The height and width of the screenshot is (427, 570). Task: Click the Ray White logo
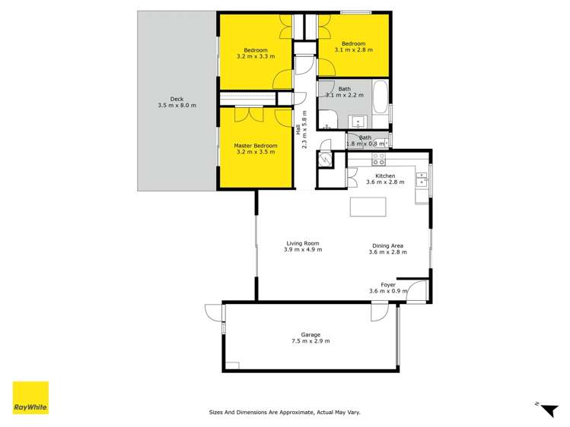30,397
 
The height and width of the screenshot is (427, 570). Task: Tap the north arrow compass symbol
547,409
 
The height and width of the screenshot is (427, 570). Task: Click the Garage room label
310,334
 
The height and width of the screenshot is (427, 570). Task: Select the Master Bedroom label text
255,146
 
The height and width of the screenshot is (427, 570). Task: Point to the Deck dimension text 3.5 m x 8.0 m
177,105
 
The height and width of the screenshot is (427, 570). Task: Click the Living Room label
302,244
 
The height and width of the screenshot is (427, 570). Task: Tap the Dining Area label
387,245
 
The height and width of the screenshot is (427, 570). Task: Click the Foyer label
388,285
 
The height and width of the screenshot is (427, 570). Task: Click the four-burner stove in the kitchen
378,160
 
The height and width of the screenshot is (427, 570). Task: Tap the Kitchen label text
381,176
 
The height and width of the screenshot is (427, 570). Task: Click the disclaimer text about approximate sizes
285,413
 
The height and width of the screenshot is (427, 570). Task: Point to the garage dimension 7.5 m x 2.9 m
310,342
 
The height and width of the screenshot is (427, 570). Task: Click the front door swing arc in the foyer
417,293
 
